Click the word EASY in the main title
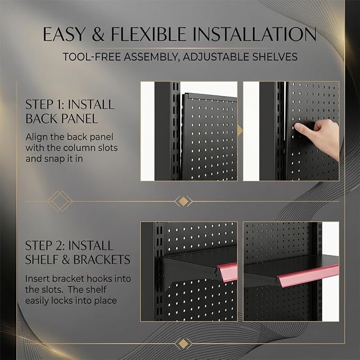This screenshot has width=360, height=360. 64,34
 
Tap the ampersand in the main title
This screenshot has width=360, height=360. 98,34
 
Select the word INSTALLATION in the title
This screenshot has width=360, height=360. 254,34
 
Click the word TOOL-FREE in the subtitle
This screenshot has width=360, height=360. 92,57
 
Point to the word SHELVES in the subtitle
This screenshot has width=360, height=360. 275,57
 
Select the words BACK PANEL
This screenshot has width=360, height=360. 62,119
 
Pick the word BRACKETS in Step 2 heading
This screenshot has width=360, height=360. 102,260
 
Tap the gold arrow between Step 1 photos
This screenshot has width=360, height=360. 240,130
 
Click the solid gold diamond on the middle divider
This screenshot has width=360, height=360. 183,201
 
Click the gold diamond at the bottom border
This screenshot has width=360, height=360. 183,344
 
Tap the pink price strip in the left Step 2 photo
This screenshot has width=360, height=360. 227,272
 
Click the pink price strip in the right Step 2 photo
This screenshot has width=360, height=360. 308,275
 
